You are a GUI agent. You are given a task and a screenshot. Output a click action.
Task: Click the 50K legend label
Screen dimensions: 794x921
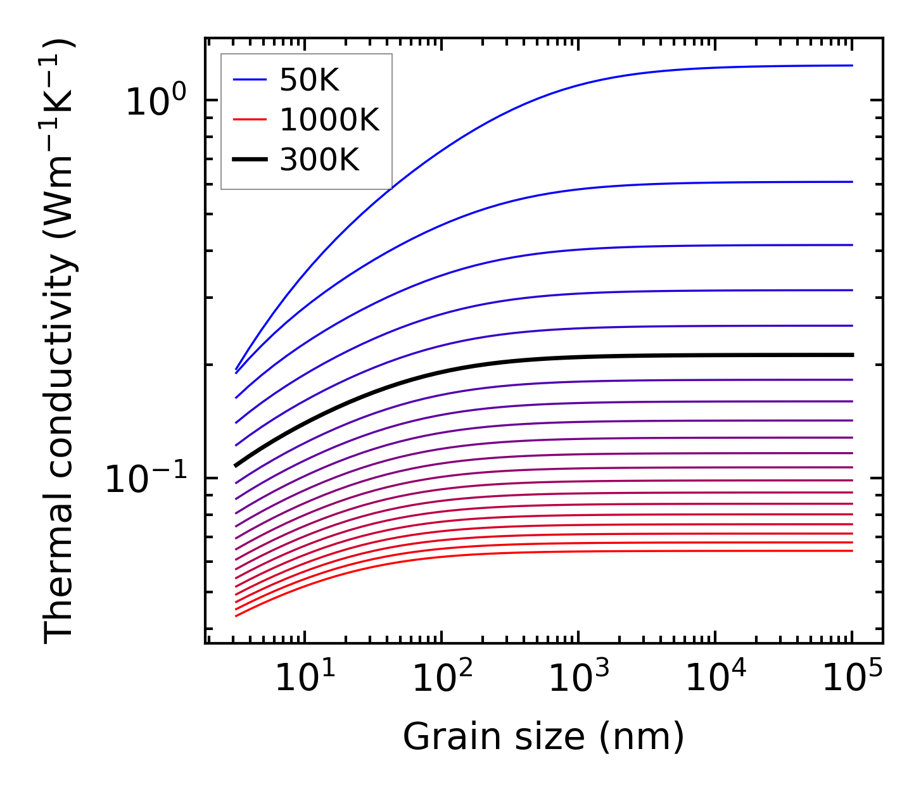pyautogui.click(x=309, y=80)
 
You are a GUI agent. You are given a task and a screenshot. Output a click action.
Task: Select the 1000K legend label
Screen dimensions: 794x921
pyautogui.click(x=329, y=120)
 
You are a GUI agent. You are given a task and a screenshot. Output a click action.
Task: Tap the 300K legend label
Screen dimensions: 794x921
pyautogui.click(x=319, y=160)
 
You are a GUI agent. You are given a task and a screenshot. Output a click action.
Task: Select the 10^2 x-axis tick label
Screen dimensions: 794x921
pyautogui.click(x=441, y=678)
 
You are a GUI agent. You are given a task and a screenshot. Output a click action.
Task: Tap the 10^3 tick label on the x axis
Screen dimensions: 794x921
pyautogui.click(x=578, y=678)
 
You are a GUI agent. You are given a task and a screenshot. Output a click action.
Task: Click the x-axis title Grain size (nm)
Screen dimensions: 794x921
pyautogui.click(x=543, y=737)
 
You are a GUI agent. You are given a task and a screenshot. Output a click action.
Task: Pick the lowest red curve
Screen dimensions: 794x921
pyautogui.click(x=507, y=552)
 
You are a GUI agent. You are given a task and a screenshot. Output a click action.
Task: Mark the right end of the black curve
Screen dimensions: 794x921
pyautogui.click(x=852, y=355)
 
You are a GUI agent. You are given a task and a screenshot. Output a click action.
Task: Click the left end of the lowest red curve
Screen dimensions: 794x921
pyautogui.click(x=236, y=615)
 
